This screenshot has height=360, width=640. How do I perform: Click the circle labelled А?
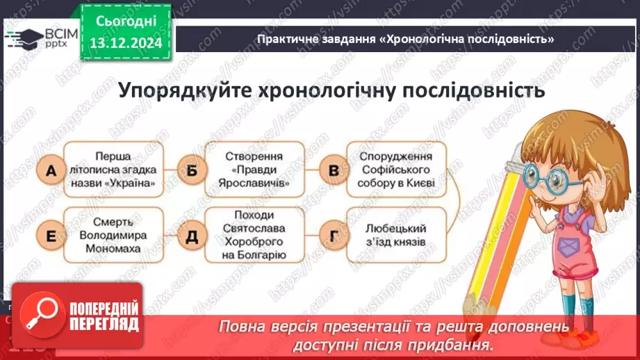(x=49, y=170)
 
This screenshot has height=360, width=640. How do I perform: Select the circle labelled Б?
(x=189, y=170)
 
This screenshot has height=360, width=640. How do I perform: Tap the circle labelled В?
(x=333, y=170)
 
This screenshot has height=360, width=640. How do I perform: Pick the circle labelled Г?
(x=333, y=236)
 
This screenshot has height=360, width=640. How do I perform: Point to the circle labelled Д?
(x=189, y=236)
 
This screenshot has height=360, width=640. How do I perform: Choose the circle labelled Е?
(x=49, y=236)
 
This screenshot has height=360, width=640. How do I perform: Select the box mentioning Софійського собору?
(x=396, y=170)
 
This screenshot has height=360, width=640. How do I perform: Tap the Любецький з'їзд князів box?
(x=396, y=236)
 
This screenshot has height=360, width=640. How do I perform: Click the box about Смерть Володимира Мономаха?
(x=115, y=236)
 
